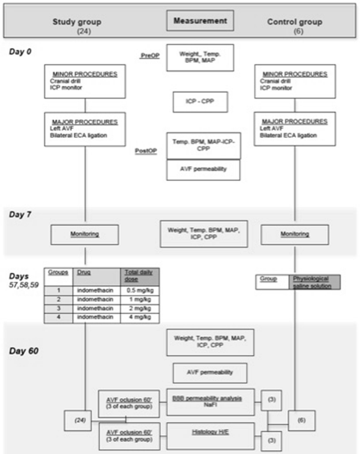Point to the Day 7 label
point(21,213)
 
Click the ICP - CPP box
point(201,102)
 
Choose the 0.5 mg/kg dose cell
point(139,291)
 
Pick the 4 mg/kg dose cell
point(139,318)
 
